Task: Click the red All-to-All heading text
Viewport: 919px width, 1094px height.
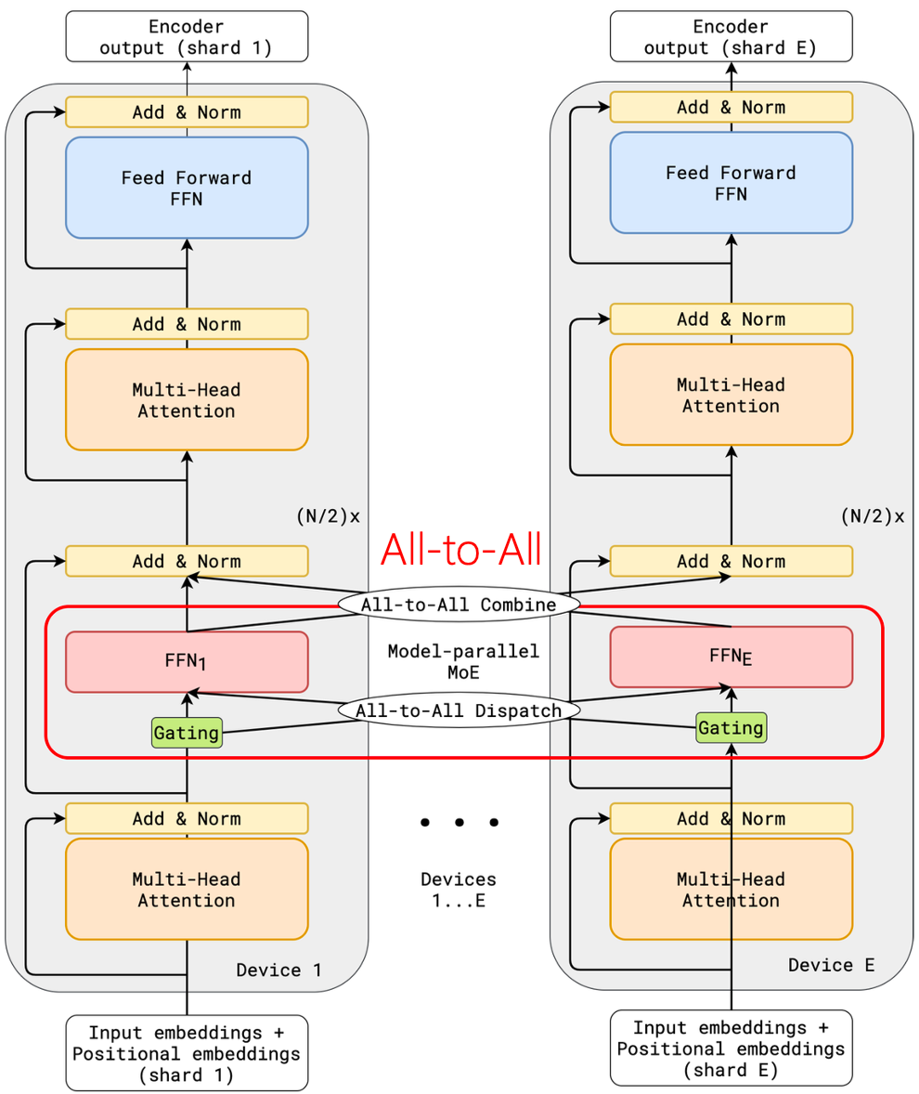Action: coord(460,549)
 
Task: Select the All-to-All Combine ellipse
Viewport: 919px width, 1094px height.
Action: coord(459,605)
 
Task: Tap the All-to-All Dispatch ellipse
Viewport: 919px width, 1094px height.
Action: coord(459,710)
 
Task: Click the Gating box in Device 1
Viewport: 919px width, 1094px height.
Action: coord(187,733)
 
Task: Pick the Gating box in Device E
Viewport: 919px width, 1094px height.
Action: coord(731,728)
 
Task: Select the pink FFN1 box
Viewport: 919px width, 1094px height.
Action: coord(187,662)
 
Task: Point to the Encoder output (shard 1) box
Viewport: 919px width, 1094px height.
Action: coord(187,36)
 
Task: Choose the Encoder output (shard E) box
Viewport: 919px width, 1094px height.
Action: coord(731,36)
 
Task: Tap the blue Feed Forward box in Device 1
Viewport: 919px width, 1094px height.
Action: coord(187,188)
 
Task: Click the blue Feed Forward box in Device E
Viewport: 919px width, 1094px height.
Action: coord(731,182)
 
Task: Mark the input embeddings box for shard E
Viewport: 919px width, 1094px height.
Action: coord(731,1048)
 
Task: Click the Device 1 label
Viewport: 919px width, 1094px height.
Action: coord(278,970)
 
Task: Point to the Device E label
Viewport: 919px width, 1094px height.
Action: coord(832,965)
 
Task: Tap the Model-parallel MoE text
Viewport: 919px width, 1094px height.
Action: coord(462,661)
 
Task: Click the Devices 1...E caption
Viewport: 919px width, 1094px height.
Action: coord(459,890)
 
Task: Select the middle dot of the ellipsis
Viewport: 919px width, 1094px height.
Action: coord(459,822)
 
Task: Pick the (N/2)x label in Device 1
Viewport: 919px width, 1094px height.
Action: coord(327,516)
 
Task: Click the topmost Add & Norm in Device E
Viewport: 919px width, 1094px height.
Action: coord(731,108)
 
